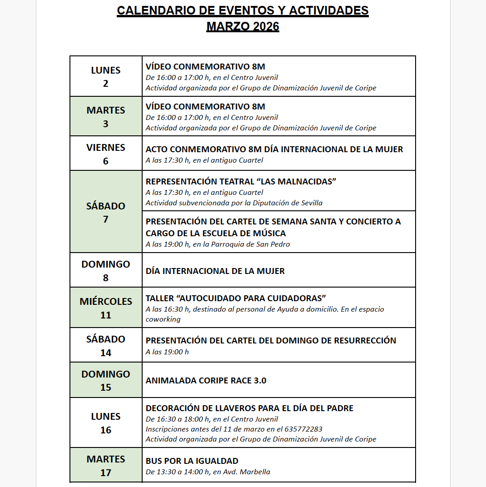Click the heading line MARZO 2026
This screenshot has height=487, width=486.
coord(243,26)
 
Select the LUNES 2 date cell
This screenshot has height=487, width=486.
coord(106,76)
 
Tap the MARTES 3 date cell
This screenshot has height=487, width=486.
coord(106,116)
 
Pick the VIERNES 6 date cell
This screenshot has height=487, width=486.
coord(106,154)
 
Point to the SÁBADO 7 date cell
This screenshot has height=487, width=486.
coord(106,212)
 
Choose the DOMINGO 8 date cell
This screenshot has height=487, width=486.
coord(106,270)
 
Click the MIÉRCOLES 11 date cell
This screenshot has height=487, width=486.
coord(106,308)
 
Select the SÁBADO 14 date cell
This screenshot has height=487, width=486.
coord(106,345)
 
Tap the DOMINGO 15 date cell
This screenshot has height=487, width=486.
coord(106,380)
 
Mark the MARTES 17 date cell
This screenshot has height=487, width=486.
coord(106,465)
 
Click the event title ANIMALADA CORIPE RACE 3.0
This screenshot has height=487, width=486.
coord(206,381)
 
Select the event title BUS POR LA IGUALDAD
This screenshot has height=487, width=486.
coord(192,461)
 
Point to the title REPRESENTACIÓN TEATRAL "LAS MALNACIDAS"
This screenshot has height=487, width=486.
coord(241,182)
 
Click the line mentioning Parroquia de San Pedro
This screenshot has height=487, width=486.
coord(218,244)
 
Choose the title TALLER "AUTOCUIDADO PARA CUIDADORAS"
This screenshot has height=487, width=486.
coord(236,298)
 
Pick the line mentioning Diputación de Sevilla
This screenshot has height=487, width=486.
coord(234,203)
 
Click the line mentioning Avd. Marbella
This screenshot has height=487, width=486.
coord(208,472)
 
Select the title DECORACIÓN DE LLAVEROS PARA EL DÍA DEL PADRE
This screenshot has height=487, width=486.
coord(249,408)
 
